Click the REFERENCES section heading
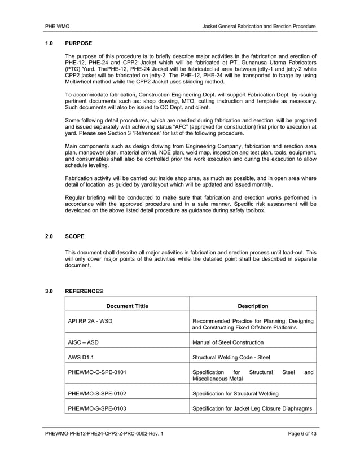(84, 291)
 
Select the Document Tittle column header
(128, 306)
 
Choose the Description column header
(253, 306)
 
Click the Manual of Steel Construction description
(228, 342)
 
